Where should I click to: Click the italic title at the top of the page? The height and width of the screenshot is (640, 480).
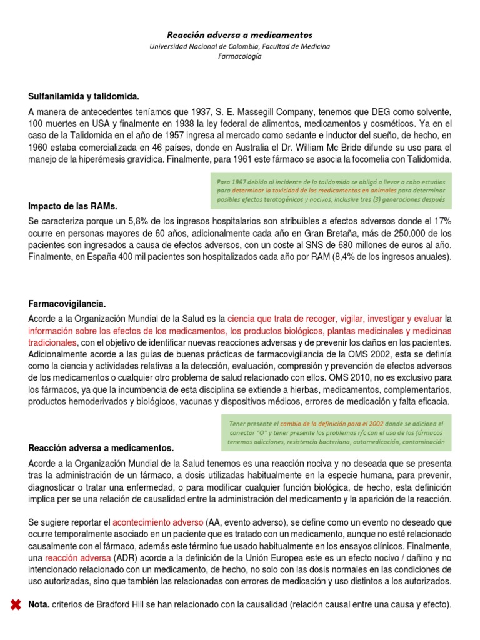(240, 35)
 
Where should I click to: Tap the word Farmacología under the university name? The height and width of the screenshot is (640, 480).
(240, 56)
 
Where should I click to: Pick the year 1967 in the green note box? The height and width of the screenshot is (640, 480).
(242, 182)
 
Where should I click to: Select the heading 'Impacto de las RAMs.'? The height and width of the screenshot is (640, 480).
(73, 206)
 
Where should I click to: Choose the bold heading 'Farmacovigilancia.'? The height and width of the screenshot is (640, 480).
(67, 304)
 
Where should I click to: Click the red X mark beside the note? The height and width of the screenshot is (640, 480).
(14, 605)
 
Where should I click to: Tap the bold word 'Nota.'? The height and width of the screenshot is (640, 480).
(40, 605)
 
